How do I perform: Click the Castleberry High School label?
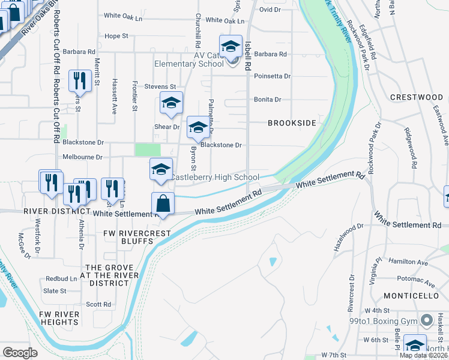pyautogui.click(x=214, y=178)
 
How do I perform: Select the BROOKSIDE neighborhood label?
pyautogui.click(x=292, y=123)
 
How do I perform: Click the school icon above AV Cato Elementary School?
pyautogui.click(x=230, y=46)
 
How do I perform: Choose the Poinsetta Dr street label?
pyautogui.click(x=273, y=76)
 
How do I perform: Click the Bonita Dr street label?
pyautogui.click(x=268, y=100)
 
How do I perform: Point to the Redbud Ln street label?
pyautogui.click(x=62, y=279)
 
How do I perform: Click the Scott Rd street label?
pyautogui.click(x=98, y=304)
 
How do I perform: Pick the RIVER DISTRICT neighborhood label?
pyautogui.click(x=53, y=211)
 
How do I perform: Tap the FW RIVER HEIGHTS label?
pyautogui.click(x=59, y=318)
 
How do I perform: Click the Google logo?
pyautogui.click(x=20, y=352)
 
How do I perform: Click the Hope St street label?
pyautogui.click(x=116, y=36)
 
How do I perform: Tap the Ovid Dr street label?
pyautogui.click(x=270, y=10)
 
